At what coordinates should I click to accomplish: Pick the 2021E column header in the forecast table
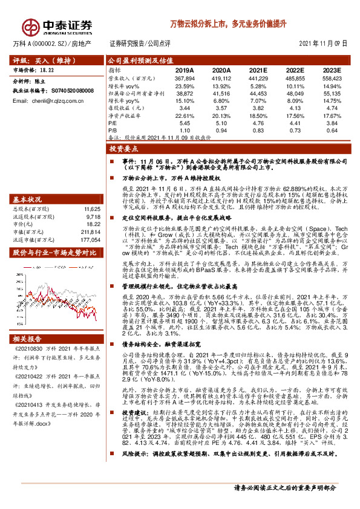click(258, 71)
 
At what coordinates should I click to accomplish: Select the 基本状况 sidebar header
click(28, 183)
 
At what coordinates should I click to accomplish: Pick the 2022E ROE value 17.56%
click(295, 114)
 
